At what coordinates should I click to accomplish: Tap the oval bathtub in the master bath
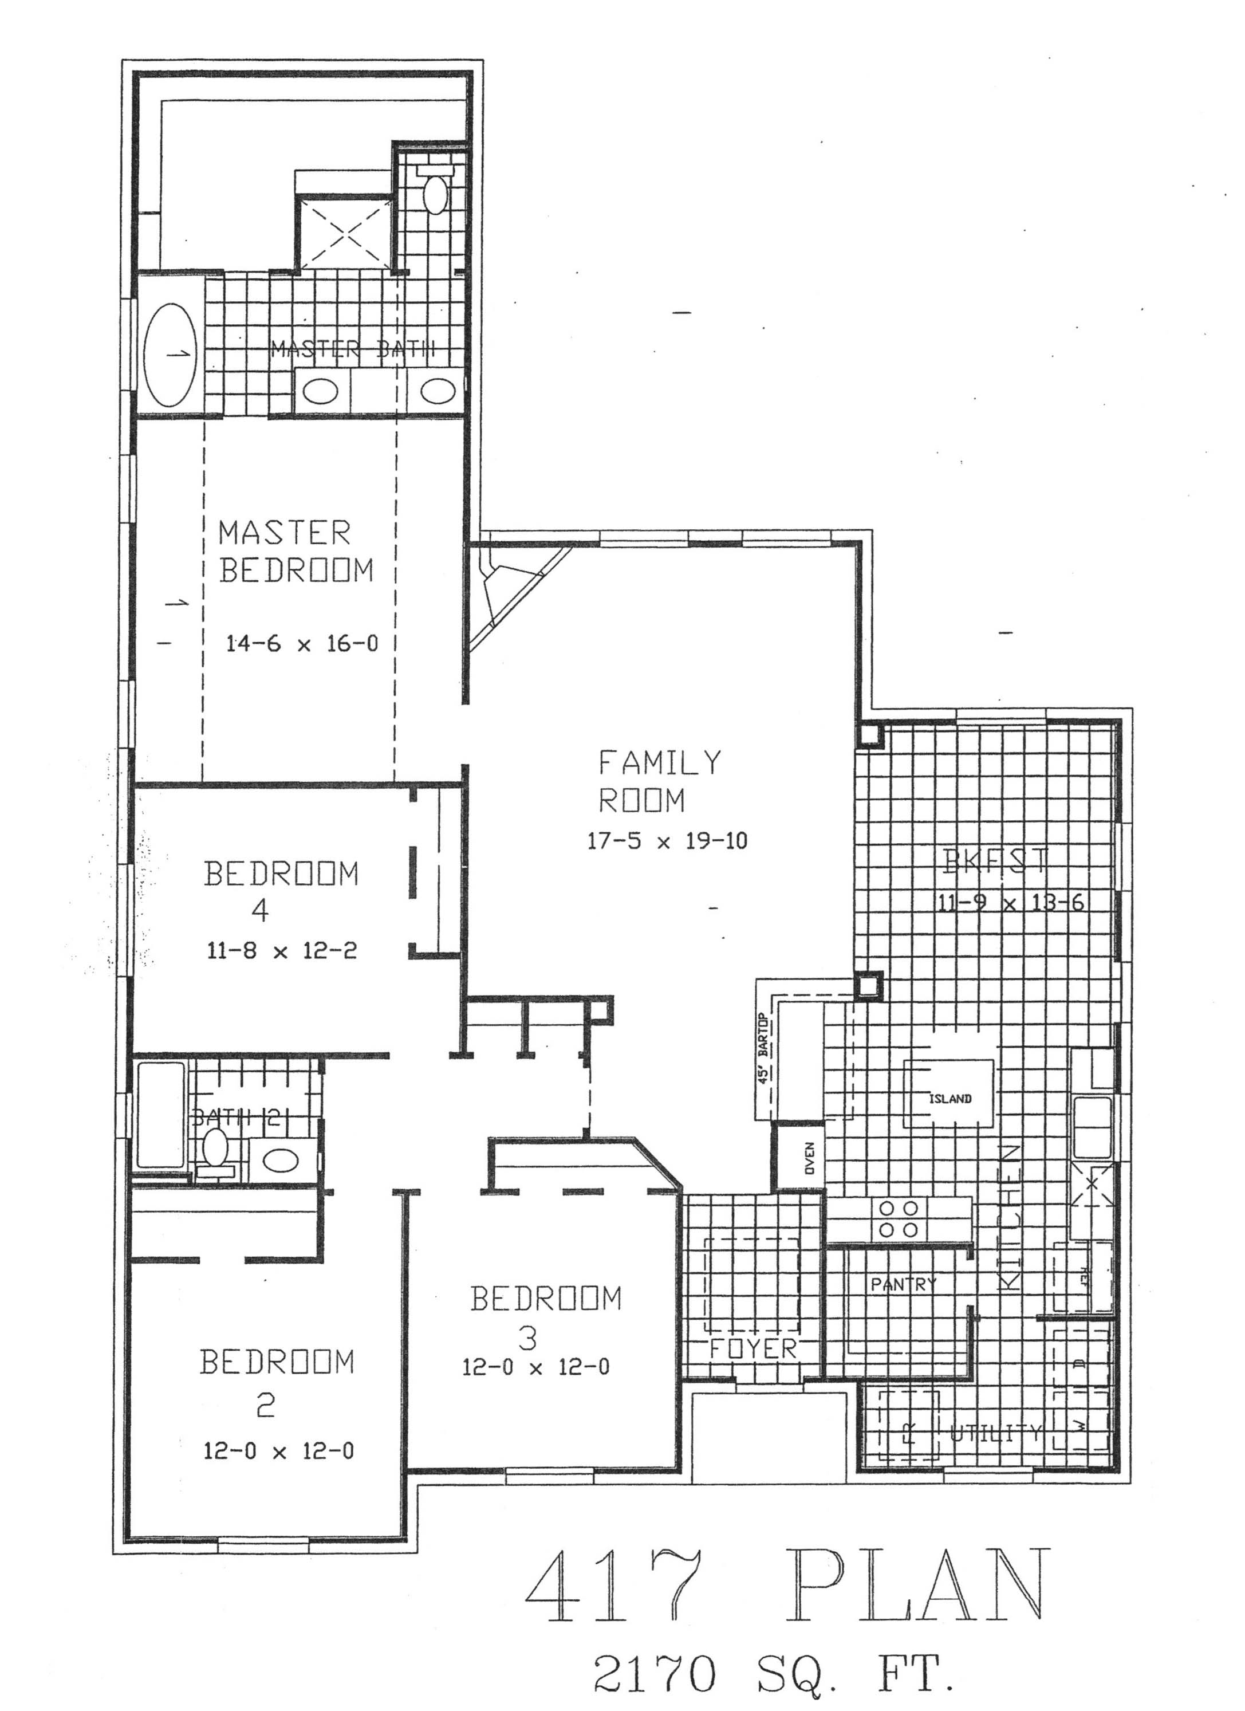[x=171, y=355]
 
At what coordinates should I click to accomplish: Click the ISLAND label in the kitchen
[x=949, y=1099]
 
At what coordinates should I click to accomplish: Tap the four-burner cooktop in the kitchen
[x=899, y=1218]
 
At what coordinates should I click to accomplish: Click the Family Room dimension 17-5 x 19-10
[x=667, y=841]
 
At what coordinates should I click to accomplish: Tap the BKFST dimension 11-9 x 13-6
[x=1010, y=902]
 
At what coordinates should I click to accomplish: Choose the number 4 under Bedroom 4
[x=259, y=911]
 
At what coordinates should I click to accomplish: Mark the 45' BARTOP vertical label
[x=763, y=1049]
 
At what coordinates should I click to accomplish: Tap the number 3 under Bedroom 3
[x=528, y=1338]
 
